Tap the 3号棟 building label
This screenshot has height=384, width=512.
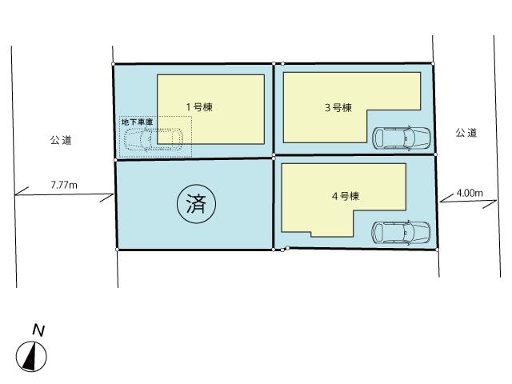pyautogui.click(x=338, y=106)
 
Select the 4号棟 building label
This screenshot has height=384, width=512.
pyautogui.click(x=345, y=196)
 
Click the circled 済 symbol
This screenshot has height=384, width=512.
pyautogui.click(x=195, y=205)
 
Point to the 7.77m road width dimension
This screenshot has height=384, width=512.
pyautogui.click(x=63, y=185)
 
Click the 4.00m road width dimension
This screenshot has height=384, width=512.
pyautogui.click(x=469, y=193)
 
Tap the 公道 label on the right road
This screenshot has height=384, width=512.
pyautogui.click(x=466, y=132)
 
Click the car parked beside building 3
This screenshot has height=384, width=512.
pyautogui.click(x=402, y=138)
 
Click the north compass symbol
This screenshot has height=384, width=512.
pyautogui.click(x=32, y=355)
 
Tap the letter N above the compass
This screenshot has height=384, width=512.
pyautogui.click(x=38, y=329)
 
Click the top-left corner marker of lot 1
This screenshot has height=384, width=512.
pyautogui.click(x=114, y=63)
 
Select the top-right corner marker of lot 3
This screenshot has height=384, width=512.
pyautogui.click(x=433, y=63)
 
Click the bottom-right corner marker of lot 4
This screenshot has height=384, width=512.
pyautogui.click(x=438, y=250)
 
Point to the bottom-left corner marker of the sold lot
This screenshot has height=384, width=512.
pyautogui.click(x=118, y=250)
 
